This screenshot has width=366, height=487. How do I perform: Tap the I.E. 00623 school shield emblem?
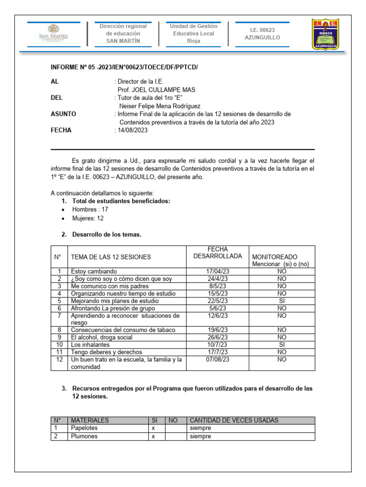click(325, 34)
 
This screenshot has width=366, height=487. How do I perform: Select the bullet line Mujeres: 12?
click(88, 218)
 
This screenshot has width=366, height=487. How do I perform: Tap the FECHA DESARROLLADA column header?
click(217, 253)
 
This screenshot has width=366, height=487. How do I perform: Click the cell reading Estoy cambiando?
click(93, 272)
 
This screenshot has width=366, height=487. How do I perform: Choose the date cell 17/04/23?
click(217, 272)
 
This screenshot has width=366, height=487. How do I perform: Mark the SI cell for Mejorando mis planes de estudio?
click(282, 301)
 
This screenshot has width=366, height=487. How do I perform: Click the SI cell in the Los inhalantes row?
click(282, 344)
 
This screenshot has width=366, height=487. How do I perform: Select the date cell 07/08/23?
click(217, 360)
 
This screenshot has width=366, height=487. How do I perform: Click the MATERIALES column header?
click(90, 420)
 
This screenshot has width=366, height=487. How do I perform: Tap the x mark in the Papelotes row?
click(153, 428)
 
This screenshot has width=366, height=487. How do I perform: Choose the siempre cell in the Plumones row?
click(200, 436)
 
